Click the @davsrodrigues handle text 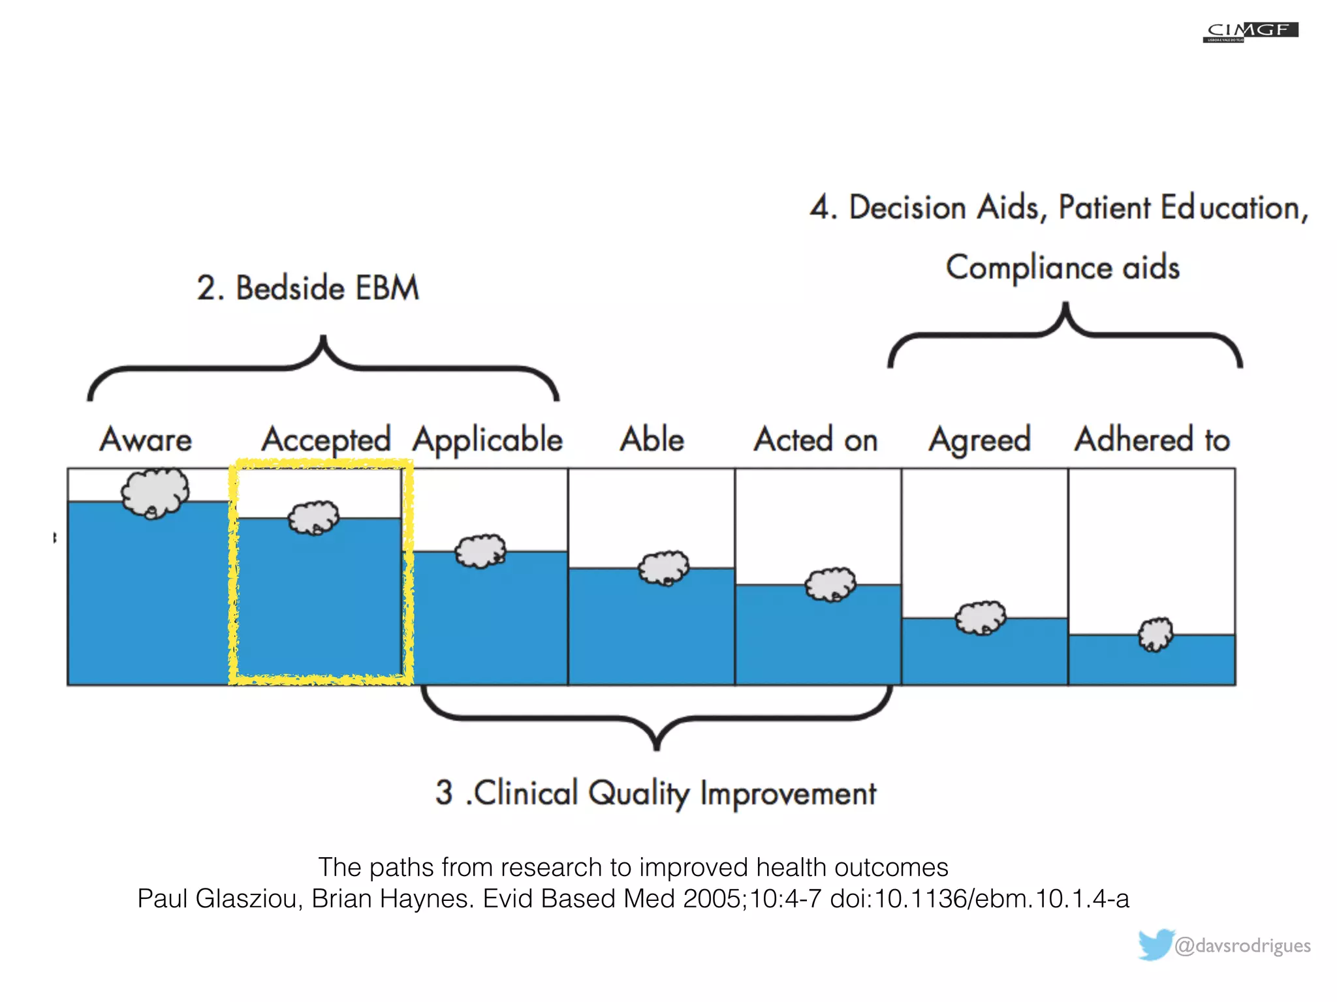(1242, 945)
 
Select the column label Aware (146, 439)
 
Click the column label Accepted (326, 439)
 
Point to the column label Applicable (487, 440)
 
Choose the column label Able (652, 439)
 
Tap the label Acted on (815, 439)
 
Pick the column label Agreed (980, 440)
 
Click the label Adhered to (1152, 439)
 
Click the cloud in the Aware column (155, 493)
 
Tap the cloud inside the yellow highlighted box (314, 518)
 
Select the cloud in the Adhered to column (1156, 634)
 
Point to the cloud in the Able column (664, 568)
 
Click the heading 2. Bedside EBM (307, 288)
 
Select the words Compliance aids (1062, 267)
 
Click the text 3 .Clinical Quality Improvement (655, 793)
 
